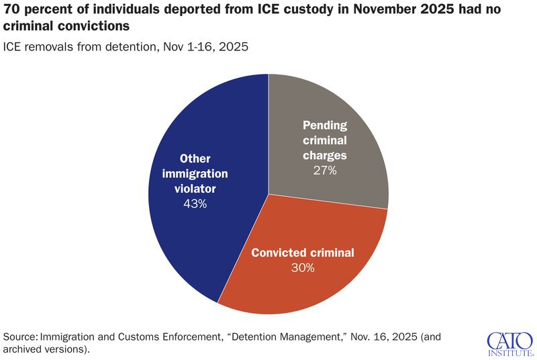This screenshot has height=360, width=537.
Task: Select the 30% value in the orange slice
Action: tap(302, 267)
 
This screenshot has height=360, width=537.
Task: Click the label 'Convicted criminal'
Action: tap(302, 253)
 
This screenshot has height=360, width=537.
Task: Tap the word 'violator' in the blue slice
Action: tap(195, 188)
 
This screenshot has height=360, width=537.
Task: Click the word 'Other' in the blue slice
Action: tap(195, 159)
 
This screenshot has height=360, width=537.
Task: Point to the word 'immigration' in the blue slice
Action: tap(195, 173)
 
